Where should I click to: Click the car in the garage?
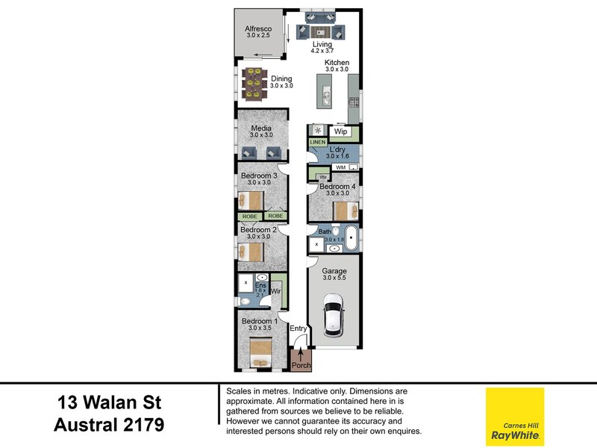pos(334,314)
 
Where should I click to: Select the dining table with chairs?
pos(254,84)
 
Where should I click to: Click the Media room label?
pos(260,129)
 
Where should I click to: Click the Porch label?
pos(301,365)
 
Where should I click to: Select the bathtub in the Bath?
pos(350,239)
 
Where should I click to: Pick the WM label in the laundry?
pos(340,167)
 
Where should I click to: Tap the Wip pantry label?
pos(340,131)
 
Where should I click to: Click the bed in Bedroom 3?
pos(251,200)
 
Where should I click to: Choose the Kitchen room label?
pos(337,63)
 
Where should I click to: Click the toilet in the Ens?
pos(246,302)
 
